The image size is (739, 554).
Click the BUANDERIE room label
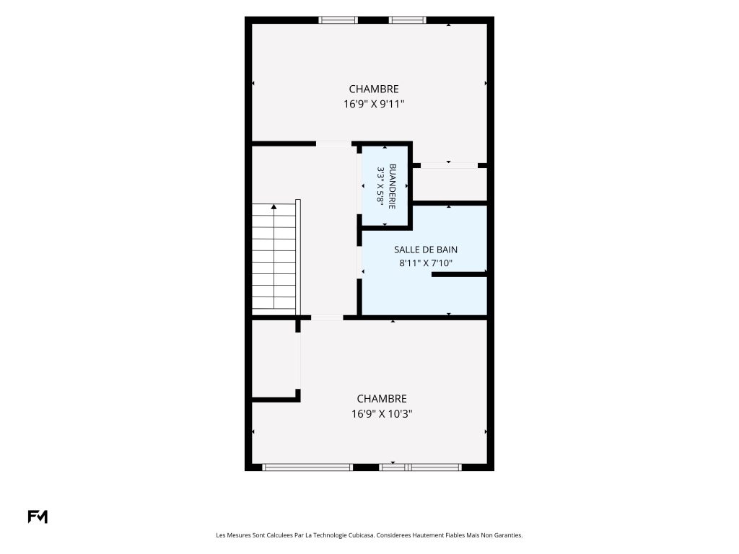click(x=392, y=187)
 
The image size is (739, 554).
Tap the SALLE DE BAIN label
click(x=426, y=250)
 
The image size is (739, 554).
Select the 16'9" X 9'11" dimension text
click(x=375, y=104)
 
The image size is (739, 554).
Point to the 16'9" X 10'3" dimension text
click(x=382, y=414)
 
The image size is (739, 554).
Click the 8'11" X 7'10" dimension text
click(x=426, y=263)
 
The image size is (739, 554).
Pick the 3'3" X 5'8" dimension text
click(x=380, y=185)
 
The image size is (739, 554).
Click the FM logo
click(x=38, y=516)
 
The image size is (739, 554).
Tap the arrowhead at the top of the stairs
click(x=274, y=206)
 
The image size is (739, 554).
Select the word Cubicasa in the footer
click(x=361, y=535)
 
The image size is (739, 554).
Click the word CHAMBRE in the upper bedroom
click(x=374, y=89)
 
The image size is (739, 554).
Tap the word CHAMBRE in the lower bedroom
click(x=382, y=398)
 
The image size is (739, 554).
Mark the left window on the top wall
click(x=338, y=19)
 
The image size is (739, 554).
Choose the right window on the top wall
click(x=408, y=19)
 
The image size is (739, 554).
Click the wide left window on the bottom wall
click(x=307, y=467)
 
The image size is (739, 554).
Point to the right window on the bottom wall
click(x=421, y=467)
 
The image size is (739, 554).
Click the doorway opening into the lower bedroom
click(x=327, y=318)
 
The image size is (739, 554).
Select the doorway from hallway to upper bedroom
click(x=333, y=144)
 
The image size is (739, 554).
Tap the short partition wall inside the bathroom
click(x=459, y=274)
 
